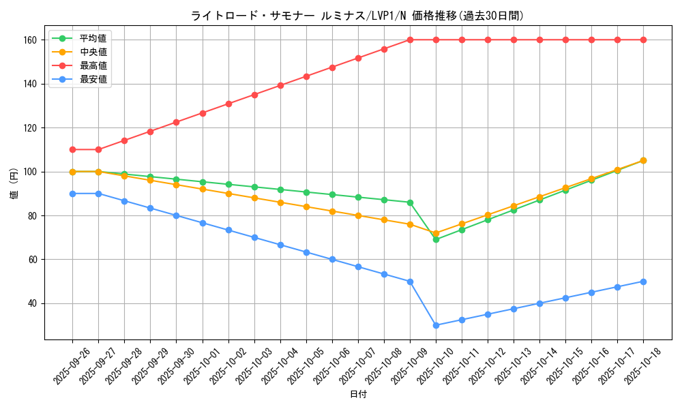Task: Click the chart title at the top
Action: click(x=357, y=16)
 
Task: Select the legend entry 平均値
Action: click(x=93, y=38)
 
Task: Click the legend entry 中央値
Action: click(x=93, y=52)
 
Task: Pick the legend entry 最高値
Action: click(x=93, y=65)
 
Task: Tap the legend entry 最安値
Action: click(x=93, y=79)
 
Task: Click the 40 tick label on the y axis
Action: click(x=31, y=303)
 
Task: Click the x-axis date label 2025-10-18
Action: click(x=643, y=365)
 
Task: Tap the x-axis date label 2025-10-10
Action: click(x=436, y=365)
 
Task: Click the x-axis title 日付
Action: click(x=358, y=395)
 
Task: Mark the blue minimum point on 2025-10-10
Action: click(x=436, y=325)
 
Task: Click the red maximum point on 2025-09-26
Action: click(x=72, y=149)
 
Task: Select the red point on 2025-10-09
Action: click(x=410, y=40)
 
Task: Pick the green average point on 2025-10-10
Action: click(x=436, y=239)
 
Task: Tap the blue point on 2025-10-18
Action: click(x=643, y=282)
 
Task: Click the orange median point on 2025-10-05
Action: click(x=306, y=207)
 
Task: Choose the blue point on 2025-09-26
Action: click(x=72, y=194)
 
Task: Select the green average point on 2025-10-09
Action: click(x=410, y=202)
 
